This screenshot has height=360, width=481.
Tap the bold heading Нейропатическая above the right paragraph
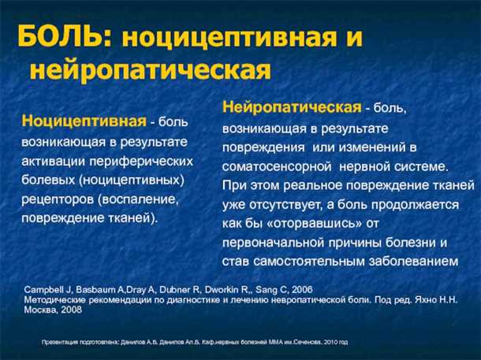(291, 106)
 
